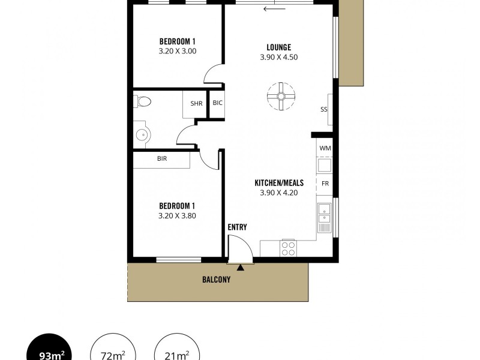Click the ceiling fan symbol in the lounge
point(281,95)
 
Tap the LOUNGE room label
point(279,47)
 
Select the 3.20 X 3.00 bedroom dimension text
point(178,51)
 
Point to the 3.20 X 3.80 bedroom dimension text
point(178,215)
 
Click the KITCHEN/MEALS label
point(279,182)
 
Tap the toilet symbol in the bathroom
point(142,103)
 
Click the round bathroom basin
point(142,135)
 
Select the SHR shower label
point(196,103)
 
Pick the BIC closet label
point(217,103)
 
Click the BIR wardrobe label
point(162,159)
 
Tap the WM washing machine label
point(325,148)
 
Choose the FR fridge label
point(325,183)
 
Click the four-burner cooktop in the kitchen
point(289,248)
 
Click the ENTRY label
point(237,227)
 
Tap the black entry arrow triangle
point(241,267)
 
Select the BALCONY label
point(217,279)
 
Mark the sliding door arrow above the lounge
point(274,8)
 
